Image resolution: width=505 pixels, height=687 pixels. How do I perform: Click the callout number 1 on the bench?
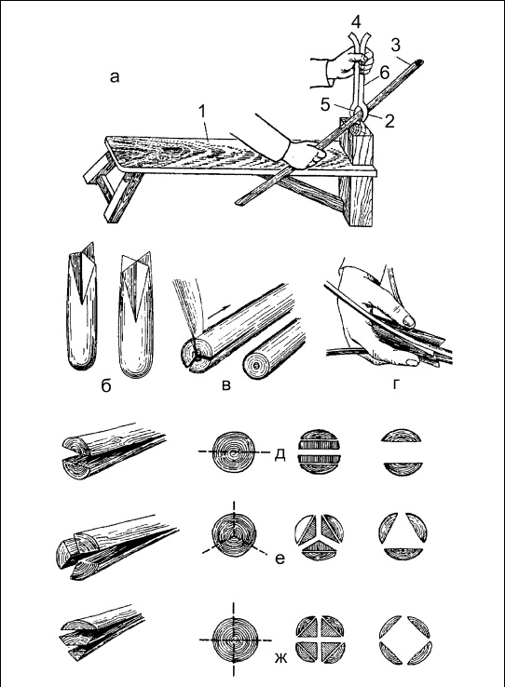click(x=201, y=113)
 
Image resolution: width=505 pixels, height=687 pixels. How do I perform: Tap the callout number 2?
click(x=389, y=121)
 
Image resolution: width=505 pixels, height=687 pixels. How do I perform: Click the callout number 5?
click(x=325, y=104)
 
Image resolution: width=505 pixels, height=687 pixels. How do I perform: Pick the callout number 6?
click(x=385, y=74)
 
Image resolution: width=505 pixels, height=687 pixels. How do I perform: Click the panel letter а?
click(x=115, y=78)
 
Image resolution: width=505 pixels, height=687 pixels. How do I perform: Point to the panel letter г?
click(x=396, y=384)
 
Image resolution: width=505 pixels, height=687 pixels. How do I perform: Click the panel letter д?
click(x=280, y=454)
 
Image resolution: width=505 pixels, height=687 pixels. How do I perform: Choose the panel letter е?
click(x=280, y=559)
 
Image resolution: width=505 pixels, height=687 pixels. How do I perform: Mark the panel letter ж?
click(x=280, y=658)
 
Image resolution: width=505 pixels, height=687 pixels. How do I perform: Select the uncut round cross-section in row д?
click(x=233, y=452)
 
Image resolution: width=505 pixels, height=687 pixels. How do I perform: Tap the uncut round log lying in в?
click(x=275, y=351)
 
